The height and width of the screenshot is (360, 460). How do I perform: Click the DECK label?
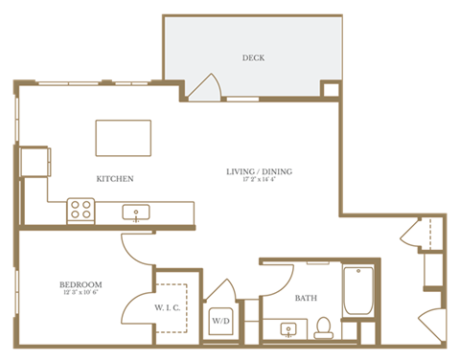254,58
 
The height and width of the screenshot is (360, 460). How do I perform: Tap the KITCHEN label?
114,179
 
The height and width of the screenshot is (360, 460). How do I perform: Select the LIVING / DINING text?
259,172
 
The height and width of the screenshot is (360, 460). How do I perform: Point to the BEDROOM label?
80,284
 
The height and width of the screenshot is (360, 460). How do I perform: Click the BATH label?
306,298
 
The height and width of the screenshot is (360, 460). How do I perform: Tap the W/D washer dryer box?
219,320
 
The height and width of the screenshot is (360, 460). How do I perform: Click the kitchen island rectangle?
123,137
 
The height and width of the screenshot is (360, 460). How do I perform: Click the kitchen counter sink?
137,213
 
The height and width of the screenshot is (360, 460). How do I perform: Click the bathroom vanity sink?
288,330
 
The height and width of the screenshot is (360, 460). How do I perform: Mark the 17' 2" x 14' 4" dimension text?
259,180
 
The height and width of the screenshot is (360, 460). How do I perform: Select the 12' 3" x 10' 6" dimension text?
80,293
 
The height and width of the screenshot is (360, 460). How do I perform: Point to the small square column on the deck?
330,90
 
